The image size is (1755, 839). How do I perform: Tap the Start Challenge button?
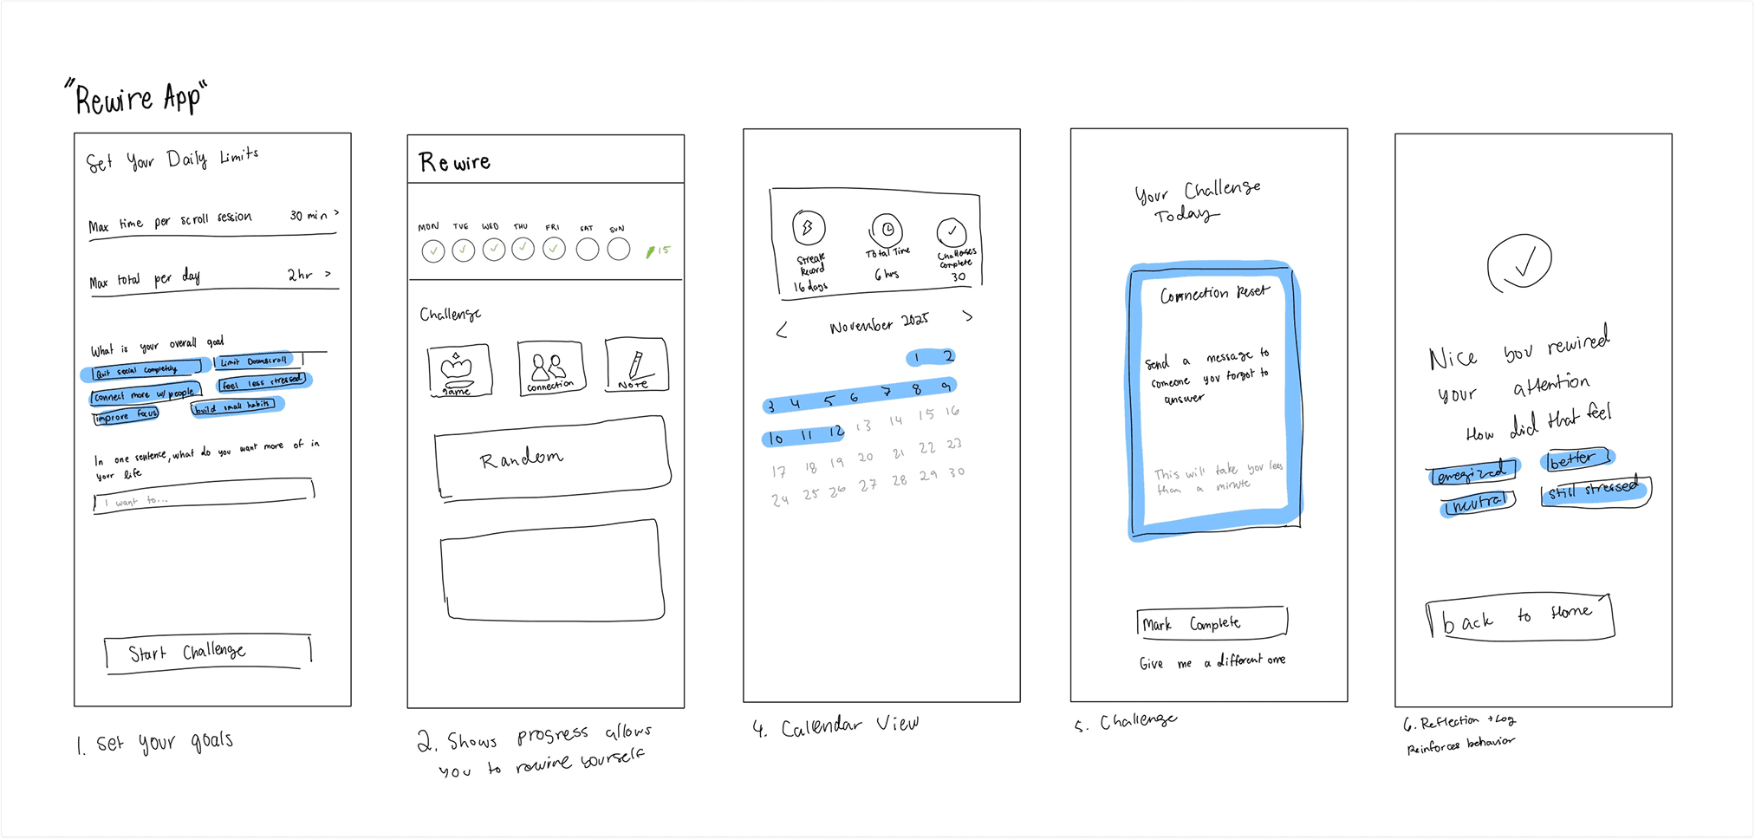(207, 653)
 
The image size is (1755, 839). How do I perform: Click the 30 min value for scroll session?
(309, 215)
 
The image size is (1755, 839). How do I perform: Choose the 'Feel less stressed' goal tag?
(262, 381)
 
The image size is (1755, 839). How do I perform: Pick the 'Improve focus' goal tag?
(127, 416)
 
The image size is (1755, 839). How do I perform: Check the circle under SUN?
(618, 250)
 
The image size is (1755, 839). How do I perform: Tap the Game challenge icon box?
(459, 370)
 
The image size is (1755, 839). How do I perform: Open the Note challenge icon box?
(636, 365)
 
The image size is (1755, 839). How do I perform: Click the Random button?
(552, 457)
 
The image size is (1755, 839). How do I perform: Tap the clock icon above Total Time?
(887, 230)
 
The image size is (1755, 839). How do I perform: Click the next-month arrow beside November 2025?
(967, 316)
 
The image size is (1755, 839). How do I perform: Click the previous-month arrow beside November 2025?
(782, 330)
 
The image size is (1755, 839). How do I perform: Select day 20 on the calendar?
(865, 457)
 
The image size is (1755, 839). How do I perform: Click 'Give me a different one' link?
(1212, 662)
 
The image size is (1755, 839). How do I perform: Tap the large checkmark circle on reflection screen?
(1518, 263)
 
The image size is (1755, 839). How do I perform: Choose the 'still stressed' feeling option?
(1595, 491)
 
